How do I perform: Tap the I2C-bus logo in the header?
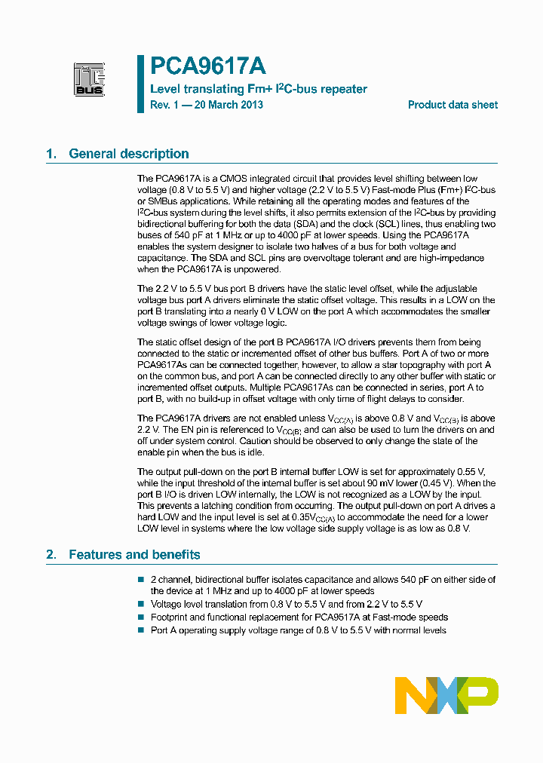coord(89,79)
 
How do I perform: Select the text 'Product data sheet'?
coord(452,105)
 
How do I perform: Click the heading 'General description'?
coord(129,154)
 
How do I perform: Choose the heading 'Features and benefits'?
coord(134,555)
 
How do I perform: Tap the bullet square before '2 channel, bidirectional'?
coord(140,579)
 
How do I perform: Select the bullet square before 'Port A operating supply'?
coord(140,630)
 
